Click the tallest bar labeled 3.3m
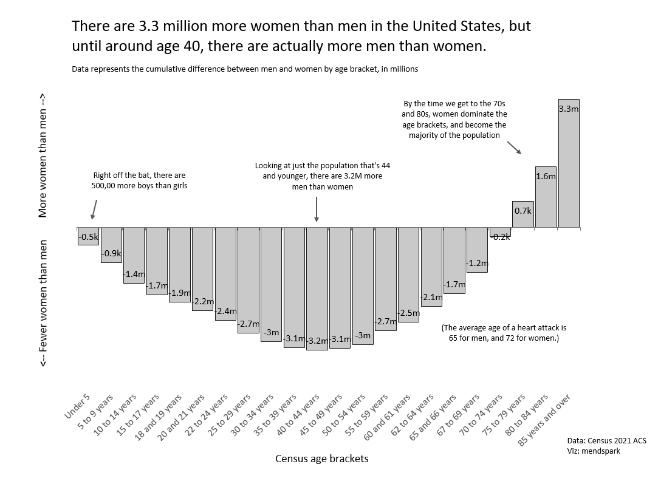[569, 164]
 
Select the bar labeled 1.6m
[546, 197]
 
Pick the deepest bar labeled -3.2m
[317, 288]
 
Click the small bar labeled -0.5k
[88, 236]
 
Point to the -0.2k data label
[501, 237]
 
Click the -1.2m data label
[477, 264]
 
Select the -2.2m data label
[202, 301]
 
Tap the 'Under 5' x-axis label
[78, 407]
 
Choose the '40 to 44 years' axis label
[298, 416]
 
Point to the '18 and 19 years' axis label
[159, 418]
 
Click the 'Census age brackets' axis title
[322, 459]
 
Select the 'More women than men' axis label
[43, 155]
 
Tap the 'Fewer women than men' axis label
[43, 303]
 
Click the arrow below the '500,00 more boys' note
[93, 209]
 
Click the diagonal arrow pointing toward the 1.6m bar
[513, 148]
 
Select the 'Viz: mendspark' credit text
[593, 451]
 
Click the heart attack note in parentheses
[504, 333]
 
